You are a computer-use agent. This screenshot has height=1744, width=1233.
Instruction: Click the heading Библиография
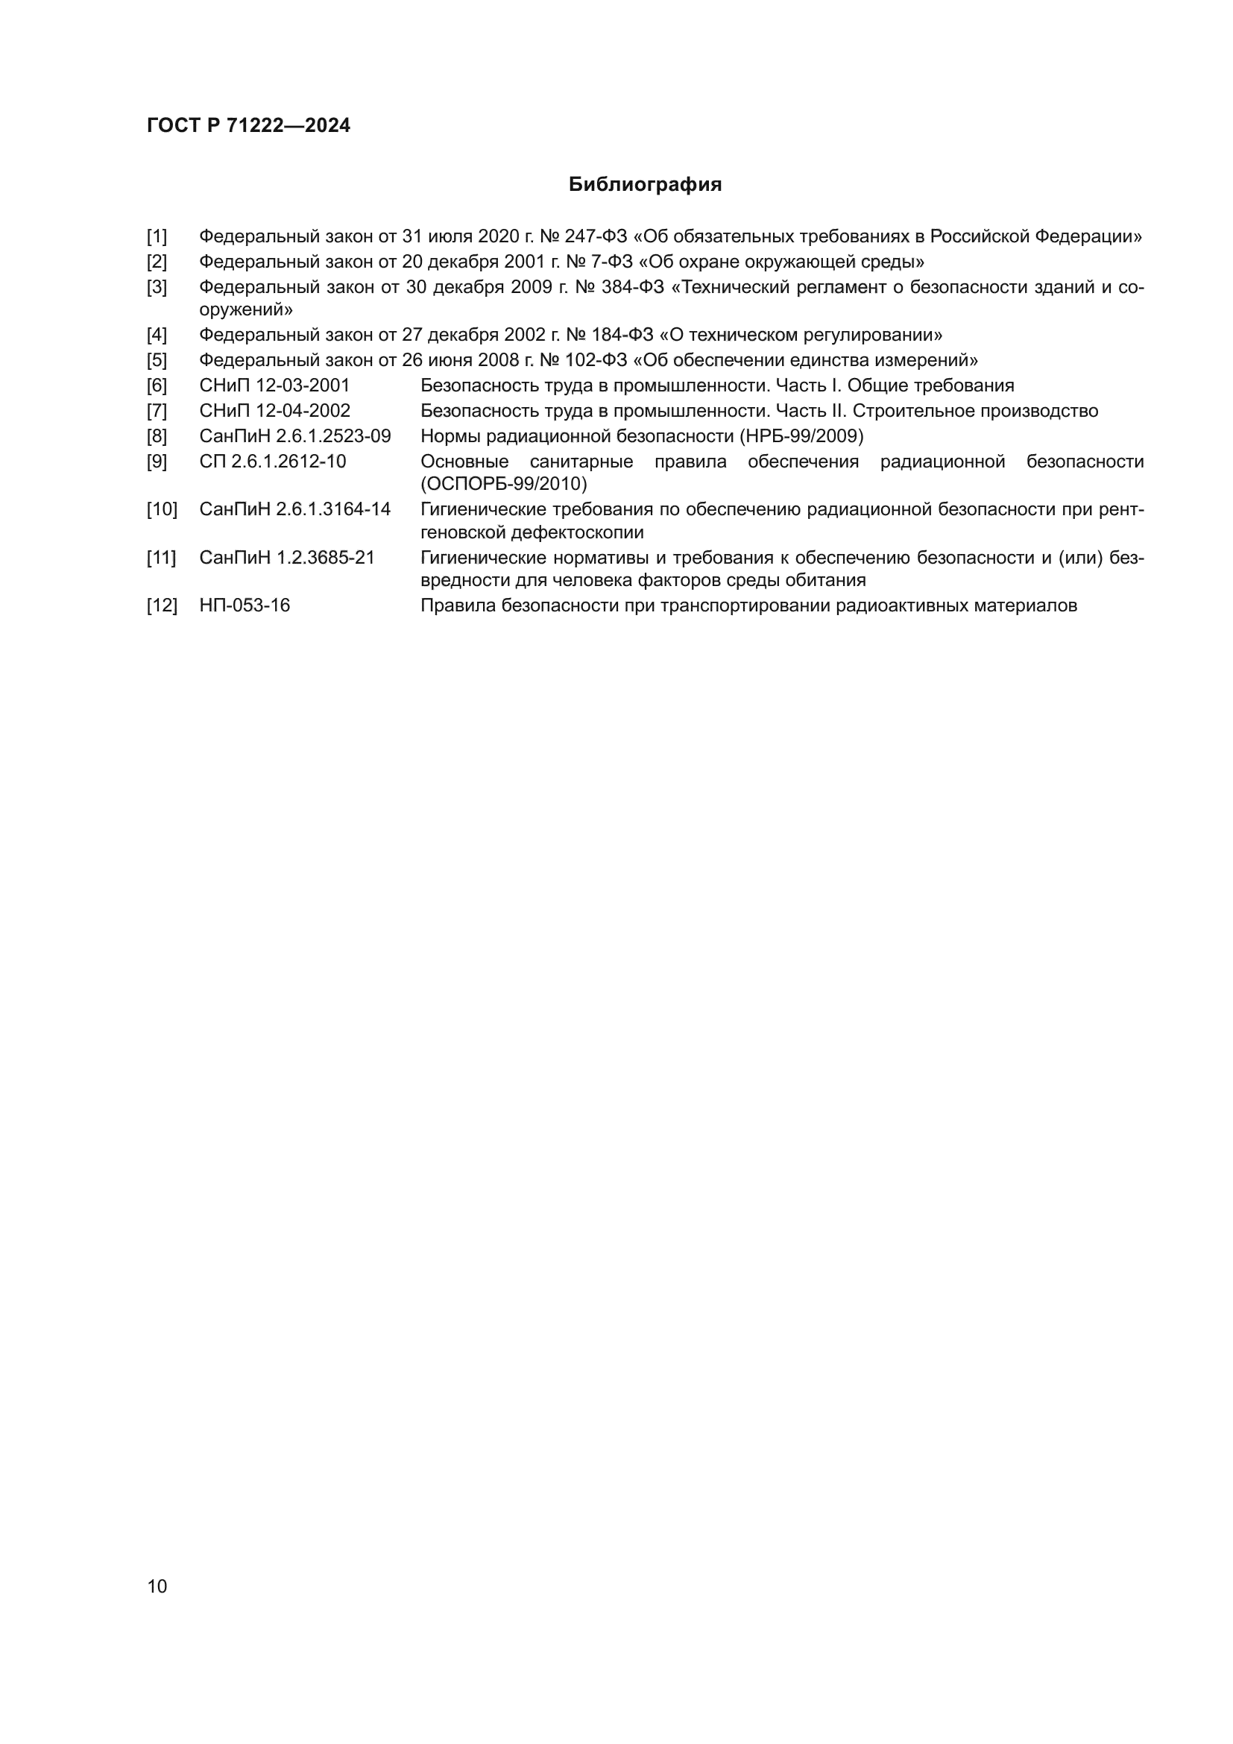click(x=645, y=185)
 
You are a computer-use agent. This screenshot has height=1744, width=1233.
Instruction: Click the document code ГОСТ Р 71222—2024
click(x=248, y=126)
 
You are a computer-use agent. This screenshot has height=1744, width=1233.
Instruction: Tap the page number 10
click(x=157, y=1586)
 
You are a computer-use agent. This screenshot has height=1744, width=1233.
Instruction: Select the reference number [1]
click(x=157, y=237)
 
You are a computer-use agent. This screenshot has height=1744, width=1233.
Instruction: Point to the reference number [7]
click(x=157, y=411)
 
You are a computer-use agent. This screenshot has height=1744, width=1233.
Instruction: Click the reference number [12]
click(x=162, y=605)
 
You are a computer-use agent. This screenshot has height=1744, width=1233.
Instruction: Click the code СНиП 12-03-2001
click(x=274, y=386)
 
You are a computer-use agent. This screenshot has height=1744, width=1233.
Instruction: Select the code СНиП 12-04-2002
click(x=274, y=411)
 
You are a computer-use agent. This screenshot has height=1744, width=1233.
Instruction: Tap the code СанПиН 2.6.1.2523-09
click(x=294, y=437)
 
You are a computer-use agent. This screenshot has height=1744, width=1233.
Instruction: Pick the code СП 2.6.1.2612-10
click(x=273, y=462)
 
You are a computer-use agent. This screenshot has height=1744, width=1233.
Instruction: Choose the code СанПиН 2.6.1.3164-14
click(x=294, y=510)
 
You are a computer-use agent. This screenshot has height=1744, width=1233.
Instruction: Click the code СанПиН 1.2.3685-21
click(x=287, y=558)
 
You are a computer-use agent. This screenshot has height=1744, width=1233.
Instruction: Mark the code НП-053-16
click(x=245, y=605)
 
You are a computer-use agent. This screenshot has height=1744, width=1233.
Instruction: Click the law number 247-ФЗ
click(x=596, y=237)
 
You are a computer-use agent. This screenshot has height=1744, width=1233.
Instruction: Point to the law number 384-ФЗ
click(x=631, y=287)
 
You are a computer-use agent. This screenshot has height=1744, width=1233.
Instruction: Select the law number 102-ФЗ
click(x=597, y=360)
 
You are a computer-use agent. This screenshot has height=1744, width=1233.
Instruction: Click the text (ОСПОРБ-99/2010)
click(x=503, y=484)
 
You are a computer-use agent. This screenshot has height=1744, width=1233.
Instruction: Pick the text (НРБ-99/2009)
click(x=802, y=437)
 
